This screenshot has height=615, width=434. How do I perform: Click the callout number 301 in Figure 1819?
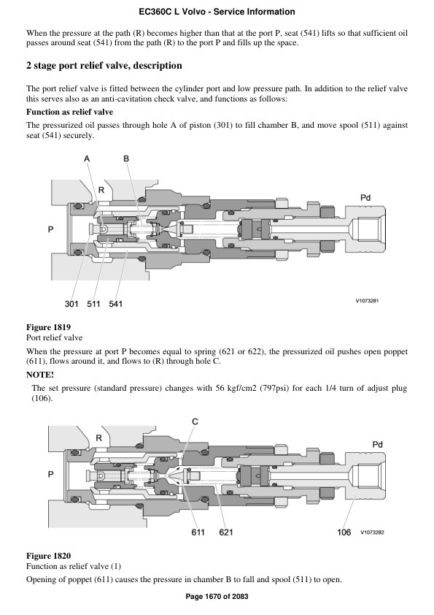[x=72, y=302]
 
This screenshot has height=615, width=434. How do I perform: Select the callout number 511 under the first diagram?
[x=93, y=302]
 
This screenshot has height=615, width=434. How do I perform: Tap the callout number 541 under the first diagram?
[x=116, y=302]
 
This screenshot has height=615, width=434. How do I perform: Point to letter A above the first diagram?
[x=87, y=158]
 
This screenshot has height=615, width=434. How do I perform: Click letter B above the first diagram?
[x=126, y=158]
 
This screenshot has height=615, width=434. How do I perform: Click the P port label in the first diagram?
[x=50, y=229]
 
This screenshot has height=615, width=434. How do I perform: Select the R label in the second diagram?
[x=99, y=438]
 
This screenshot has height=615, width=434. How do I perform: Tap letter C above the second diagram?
[x=195, y=421]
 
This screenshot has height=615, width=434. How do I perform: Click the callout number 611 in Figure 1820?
[x=198, y=532]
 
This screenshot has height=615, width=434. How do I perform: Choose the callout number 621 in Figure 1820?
[x=226, y=532]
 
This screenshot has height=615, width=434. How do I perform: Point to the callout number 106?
[x=344, y=532]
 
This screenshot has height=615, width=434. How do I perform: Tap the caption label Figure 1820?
[x=48, y=556]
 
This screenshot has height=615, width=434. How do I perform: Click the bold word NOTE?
[x=40, y=374]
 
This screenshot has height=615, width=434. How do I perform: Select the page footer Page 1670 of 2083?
[x=217, y=597]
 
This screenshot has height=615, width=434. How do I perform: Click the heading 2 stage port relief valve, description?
[x=104, y=66]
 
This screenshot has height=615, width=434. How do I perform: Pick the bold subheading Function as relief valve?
[x=69, y=112]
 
